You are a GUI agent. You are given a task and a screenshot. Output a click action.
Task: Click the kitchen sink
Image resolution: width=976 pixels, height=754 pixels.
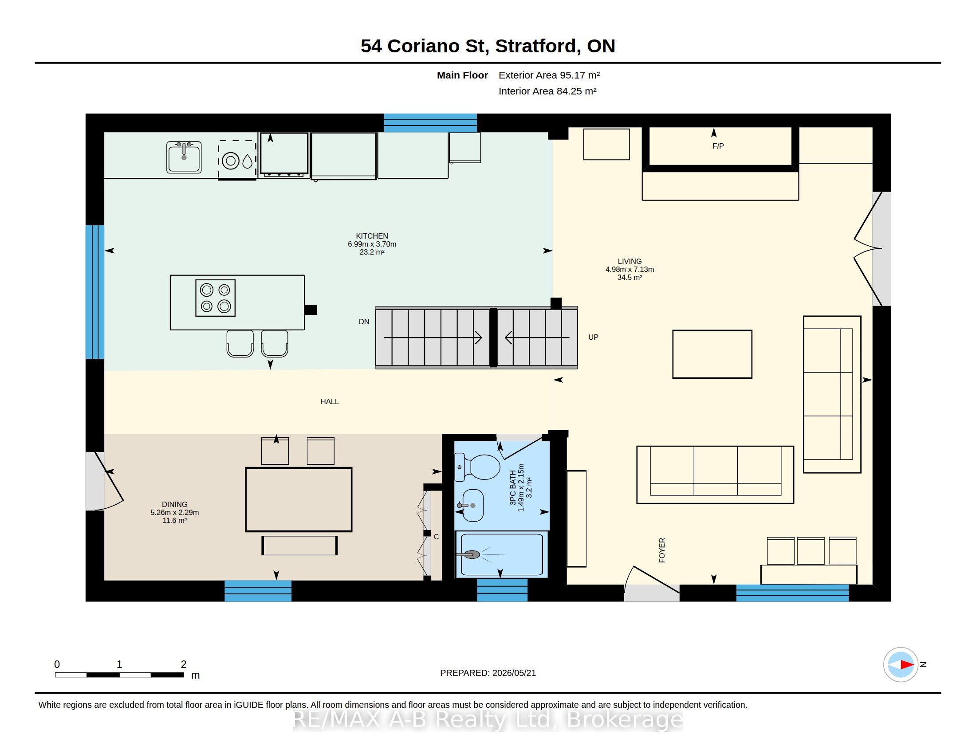pos(184,157)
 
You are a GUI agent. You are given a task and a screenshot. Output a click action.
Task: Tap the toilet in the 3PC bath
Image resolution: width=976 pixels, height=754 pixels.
pos(477,467)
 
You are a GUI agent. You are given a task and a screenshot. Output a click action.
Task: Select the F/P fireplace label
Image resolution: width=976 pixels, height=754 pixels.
pos(718,146)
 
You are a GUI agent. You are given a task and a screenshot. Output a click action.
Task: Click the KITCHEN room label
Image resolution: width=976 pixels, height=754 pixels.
pos(372,236)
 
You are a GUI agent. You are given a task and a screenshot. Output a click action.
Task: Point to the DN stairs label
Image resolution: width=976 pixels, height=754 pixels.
pos(364,322)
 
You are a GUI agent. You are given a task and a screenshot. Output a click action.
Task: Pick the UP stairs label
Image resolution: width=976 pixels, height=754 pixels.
pos(593,337)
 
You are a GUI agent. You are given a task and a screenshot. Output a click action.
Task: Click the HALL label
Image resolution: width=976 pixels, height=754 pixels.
pos(329,401)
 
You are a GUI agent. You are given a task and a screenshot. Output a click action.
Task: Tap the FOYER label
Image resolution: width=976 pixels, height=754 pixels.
pos(662,550)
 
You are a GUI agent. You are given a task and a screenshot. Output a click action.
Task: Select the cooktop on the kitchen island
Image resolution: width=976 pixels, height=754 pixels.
pos(216,298)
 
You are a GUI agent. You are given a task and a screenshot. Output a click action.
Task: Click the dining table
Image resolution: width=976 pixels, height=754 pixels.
pos(299,499)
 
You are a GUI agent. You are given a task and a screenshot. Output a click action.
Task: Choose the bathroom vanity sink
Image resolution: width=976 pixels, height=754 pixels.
pos(472,505)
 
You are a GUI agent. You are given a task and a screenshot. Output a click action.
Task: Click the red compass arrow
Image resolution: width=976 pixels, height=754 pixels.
pos(907,665)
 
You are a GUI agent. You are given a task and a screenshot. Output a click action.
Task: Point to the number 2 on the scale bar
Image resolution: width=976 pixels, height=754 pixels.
pos(183,664)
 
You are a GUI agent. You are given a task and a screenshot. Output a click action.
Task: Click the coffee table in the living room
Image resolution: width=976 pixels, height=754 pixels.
pos(712,354)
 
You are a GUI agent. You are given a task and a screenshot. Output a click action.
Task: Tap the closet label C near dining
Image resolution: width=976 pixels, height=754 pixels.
pos(436,537)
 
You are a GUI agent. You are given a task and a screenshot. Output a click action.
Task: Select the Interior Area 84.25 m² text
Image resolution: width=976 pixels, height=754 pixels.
pos(547,91)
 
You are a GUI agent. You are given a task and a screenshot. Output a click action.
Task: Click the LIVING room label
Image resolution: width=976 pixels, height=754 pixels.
pos(630,261)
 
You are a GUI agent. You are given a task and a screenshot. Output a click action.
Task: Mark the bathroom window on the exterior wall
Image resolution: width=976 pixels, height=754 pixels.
pos(502,590)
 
